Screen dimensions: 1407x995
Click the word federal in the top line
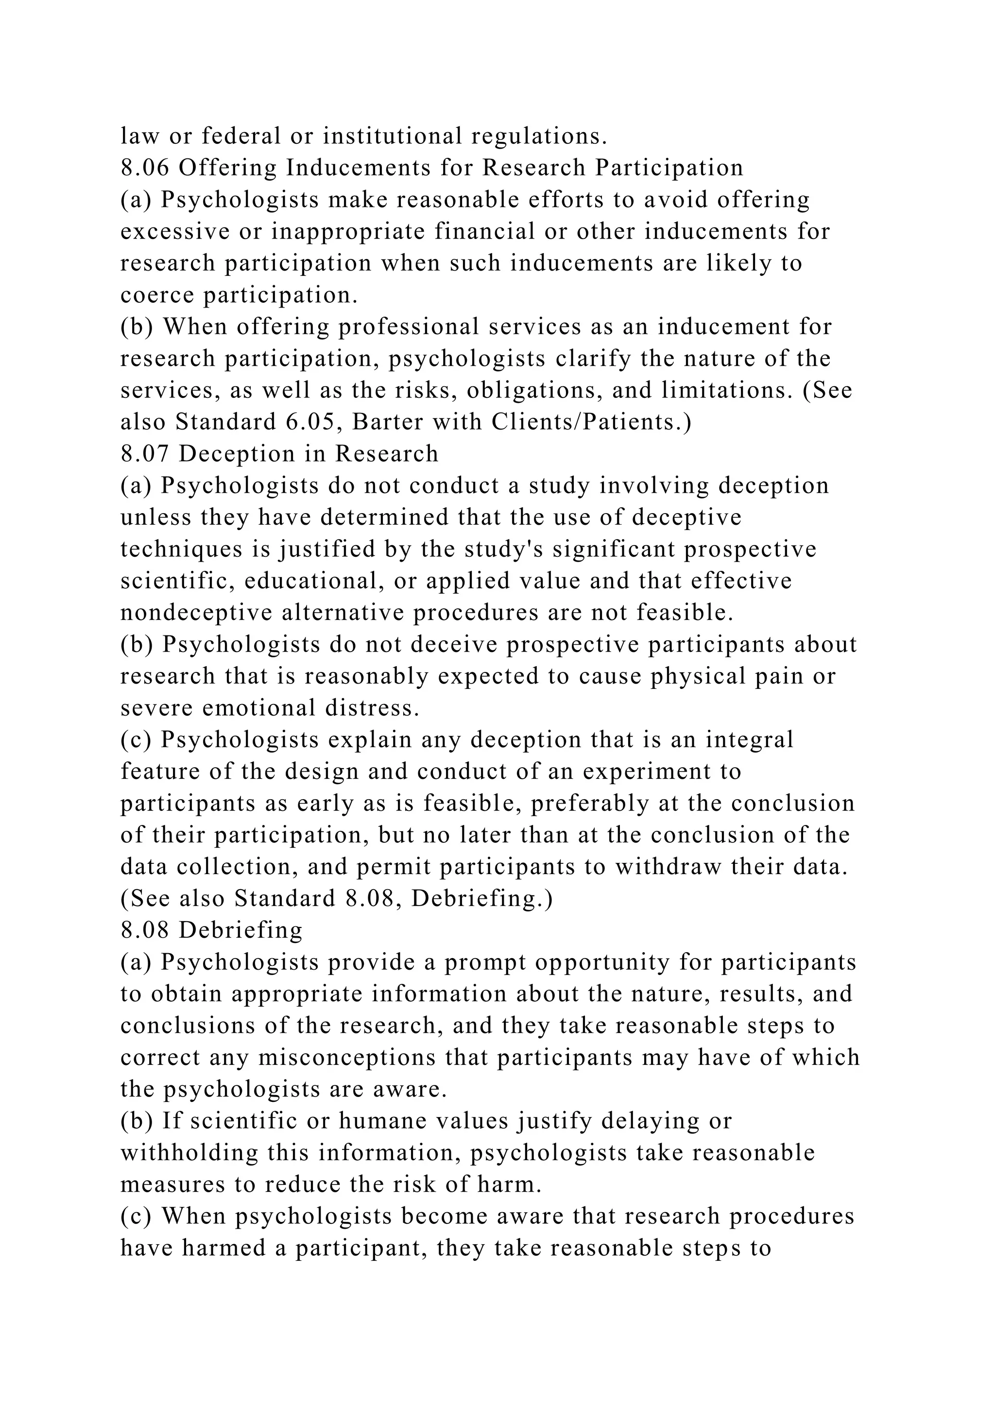(241, 136)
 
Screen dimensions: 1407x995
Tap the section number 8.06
(145, 168)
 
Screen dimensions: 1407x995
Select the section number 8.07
(145, 454)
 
